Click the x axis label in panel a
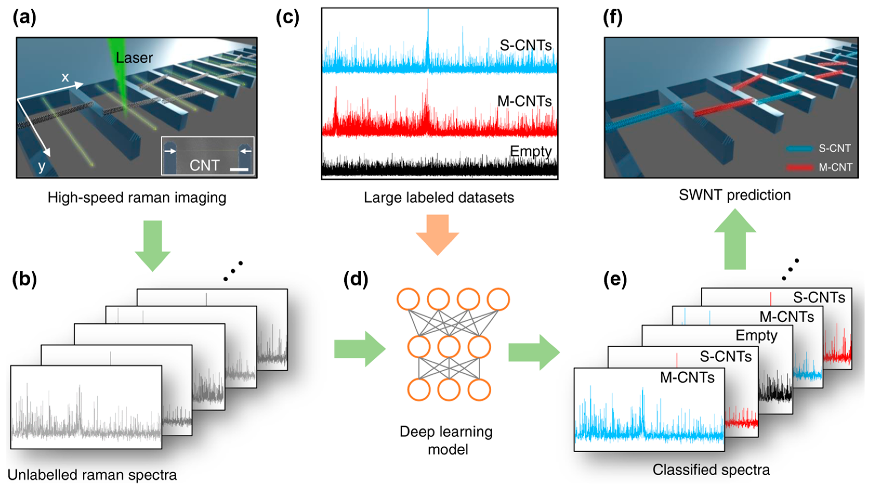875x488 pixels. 65,77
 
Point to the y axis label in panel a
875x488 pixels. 41,166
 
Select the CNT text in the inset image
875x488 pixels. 205,166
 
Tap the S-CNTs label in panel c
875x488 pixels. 525,45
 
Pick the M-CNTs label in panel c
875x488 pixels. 524,101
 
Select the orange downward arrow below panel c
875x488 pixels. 438,235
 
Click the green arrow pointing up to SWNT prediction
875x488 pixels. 735,240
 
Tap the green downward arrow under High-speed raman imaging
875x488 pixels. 153,245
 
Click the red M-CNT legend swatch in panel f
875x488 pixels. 799,167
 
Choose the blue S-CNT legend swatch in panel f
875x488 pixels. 799,148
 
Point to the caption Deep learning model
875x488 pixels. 446,440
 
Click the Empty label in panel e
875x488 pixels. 756,335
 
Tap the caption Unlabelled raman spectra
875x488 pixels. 92,475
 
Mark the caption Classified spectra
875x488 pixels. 711,470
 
